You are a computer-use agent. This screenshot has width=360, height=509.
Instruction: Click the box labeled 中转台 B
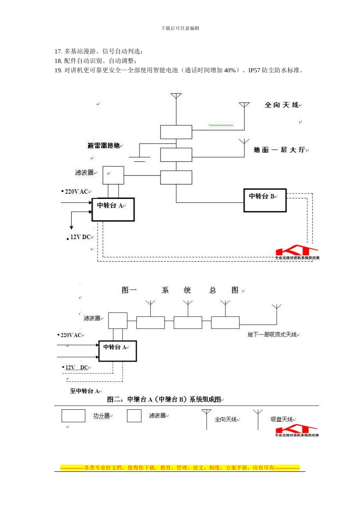pyautogui.click(x=265, y=200)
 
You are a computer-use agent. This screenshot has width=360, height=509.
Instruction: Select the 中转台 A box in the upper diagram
pyautogui.click(x=113, y=209)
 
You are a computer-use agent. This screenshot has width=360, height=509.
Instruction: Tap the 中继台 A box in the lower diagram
pyautogui.click(x=117, y=351)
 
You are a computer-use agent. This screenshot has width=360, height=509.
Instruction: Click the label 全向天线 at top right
pyautogui.click(x=282, y=105)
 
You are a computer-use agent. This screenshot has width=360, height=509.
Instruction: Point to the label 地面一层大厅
pyautogui.click(x=279, y=150)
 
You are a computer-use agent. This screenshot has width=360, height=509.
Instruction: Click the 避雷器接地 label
pyautogui.click(x=103, y=145)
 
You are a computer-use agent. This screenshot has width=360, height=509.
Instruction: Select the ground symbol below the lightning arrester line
pyautogui.click(x=139, y=158)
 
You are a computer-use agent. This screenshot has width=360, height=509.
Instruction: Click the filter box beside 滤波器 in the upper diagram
pyautogui.click(x=113, y=175)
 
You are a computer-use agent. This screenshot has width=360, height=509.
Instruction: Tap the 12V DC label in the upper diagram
pyautogui.click(x=80, y=237)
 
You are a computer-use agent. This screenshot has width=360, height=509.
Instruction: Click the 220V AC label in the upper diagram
pyautogui.click(x=77, y=192)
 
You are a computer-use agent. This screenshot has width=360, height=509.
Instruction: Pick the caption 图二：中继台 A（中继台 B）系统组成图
pyautogui.click(x=164, y=399)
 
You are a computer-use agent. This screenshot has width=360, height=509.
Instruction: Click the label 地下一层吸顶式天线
pyautogui.click(x=272, y=334)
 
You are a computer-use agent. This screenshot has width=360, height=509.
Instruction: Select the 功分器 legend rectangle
pyautogui.click(x=73, y=415)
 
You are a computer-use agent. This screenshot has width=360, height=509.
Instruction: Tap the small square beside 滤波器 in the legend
pyautogui.click(x=134, y=415)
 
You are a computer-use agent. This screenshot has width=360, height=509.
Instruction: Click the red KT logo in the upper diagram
pyautogui.click(x=297, y=252)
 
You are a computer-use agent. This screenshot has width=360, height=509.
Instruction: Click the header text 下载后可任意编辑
pyautogui.click(x=180, y=28)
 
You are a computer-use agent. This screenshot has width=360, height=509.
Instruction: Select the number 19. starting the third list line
pyautogui.click(x=58, y=70)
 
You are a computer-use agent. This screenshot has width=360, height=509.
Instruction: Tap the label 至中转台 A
pyautogui.click(x=85, y=391)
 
